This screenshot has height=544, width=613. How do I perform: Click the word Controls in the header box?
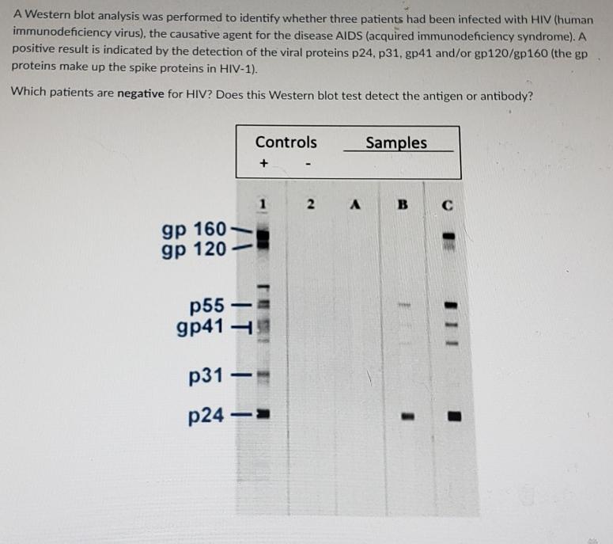point(286,143)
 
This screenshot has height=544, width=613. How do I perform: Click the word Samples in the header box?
point(396,143)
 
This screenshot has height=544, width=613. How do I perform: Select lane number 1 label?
point(263,204)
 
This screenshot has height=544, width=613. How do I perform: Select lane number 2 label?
point(311,205)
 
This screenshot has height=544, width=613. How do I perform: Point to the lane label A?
point(356,205)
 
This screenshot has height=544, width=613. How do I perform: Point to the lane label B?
point(402,205)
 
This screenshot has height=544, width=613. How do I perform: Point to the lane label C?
point(448,205)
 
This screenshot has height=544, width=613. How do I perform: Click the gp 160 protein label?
point(193,230)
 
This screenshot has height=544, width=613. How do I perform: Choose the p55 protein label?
point(209,305)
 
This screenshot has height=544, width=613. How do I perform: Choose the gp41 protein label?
point(201,326)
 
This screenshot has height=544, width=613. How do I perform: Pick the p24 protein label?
point(209,415)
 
